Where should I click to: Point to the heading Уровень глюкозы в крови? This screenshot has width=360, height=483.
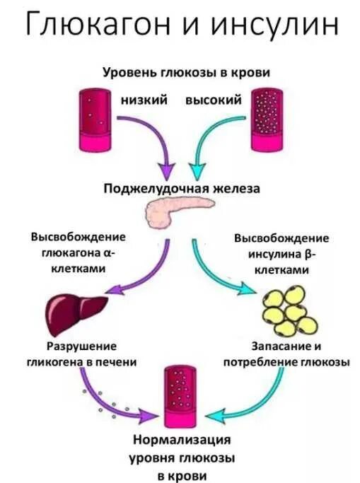click(187, 72)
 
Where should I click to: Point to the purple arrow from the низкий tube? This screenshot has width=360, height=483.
click(152, 138)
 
